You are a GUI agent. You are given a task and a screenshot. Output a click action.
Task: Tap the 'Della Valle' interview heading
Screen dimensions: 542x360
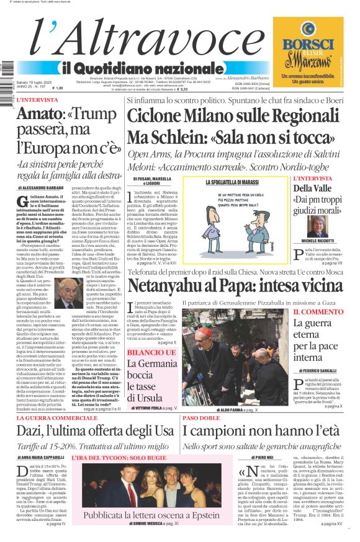[x=313, y=189]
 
